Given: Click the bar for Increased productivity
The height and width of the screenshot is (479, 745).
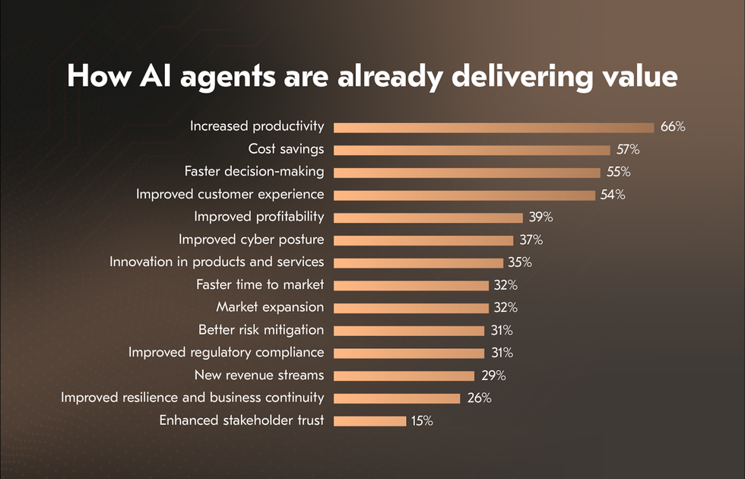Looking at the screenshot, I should tap(493, 127).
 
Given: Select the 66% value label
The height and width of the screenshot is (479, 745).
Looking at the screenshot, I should tap(672, 127).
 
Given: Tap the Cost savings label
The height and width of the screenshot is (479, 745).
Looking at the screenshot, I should tap(286, 149).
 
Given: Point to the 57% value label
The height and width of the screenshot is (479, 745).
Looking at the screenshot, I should tap(627, 149).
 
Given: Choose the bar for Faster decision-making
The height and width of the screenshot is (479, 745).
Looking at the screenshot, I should tap(467, 172).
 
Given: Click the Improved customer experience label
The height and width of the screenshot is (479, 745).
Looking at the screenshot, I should tap(230, 195).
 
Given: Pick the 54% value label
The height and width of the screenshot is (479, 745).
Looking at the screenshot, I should tap(612, 195).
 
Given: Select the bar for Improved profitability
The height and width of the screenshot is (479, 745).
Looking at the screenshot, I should tap(428, 217).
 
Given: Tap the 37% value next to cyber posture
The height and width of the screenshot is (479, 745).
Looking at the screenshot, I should tap(530, 239).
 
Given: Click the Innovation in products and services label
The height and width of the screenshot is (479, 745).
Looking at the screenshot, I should tap(217, 262).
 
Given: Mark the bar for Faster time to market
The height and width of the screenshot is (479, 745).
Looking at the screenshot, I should tap(411, 285).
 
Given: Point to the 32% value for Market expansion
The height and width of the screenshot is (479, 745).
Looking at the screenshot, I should tap(505, 307).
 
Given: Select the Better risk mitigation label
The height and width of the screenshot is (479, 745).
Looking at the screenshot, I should tap(261, 330).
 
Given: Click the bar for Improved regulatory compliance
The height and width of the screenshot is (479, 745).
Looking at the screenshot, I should tap(408, 353).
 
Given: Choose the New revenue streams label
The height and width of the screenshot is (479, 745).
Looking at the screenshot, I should tap(258, 375).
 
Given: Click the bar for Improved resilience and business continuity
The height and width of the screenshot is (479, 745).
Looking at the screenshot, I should tap(397, 398).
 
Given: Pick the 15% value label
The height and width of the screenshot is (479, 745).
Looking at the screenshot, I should tap(422, 420).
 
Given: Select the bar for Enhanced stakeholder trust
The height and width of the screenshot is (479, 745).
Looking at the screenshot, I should tap(369, 420).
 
